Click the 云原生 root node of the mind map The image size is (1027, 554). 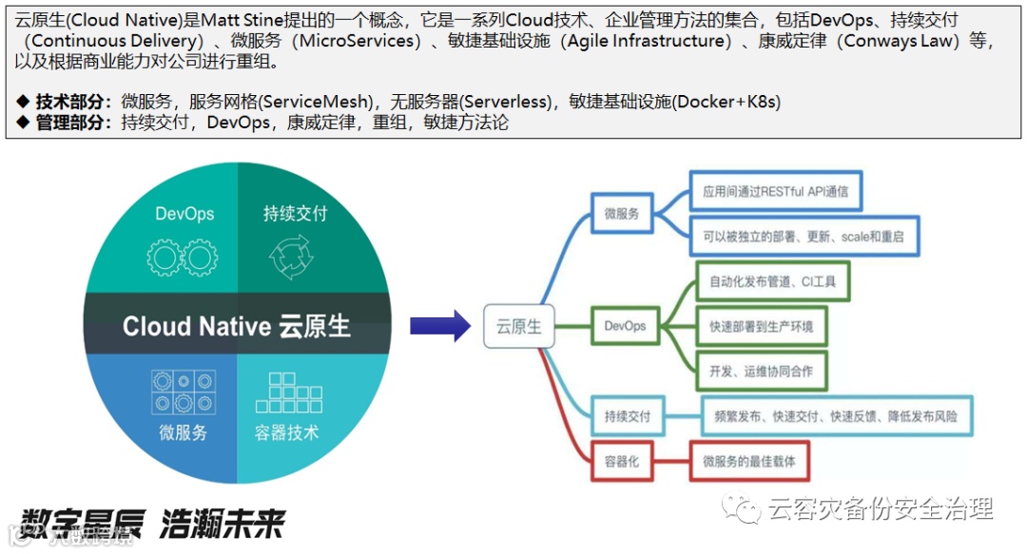coord(518,326)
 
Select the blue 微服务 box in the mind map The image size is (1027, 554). coord(622,214)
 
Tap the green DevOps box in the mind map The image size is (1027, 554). coord(625,326)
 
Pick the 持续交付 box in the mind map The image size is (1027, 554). coord(628,416)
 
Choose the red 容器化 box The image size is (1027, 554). coord(622,462)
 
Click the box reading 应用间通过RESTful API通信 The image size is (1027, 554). coord(775,191)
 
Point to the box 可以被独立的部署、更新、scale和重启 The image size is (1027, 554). coord(804,236)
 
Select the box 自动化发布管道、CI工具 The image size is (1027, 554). coord(772,281)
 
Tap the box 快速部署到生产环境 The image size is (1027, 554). coord(761,327)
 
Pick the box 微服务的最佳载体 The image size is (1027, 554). coord(749,462)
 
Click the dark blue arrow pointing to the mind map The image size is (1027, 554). coord(440,326)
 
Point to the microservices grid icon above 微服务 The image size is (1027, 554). coord(183,392)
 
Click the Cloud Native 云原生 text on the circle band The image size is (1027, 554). coord(237,327)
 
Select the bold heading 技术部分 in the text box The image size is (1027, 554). coord(72,102)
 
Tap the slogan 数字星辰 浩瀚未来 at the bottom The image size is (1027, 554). coord(152,522)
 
